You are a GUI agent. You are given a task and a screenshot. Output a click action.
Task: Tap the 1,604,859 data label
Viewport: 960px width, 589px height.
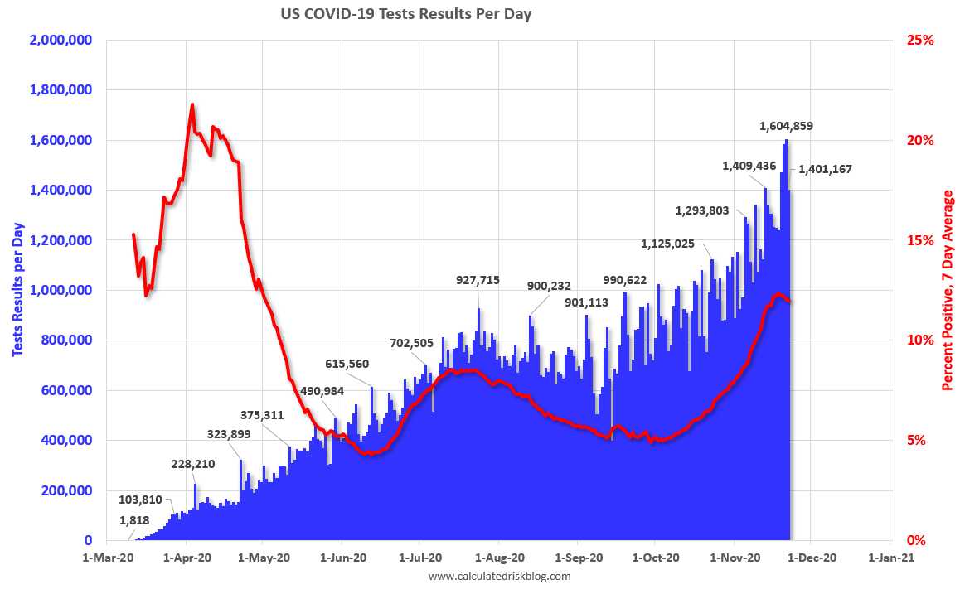[786, 127]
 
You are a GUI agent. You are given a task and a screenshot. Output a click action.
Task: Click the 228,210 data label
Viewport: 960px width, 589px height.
[193, 464]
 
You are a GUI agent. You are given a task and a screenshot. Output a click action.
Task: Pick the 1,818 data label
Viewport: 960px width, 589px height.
[135, 520]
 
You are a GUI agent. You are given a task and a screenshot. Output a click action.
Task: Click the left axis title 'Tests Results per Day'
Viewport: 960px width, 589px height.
[17, 290]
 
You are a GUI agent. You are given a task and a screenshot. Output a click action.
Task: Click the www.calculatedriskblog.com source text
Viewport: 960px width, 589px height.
[500, 576]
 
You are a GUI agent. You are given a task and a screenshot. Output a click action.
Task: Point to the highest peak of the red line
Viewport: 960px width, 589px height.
[192, 104]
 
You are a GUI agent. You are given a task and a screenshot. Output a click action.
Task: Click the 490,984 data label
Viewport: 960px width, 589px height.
[322, 391]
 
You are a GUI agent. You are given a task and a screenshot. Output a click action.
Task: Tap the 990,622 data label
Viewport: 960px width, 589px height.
[613, 280]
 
